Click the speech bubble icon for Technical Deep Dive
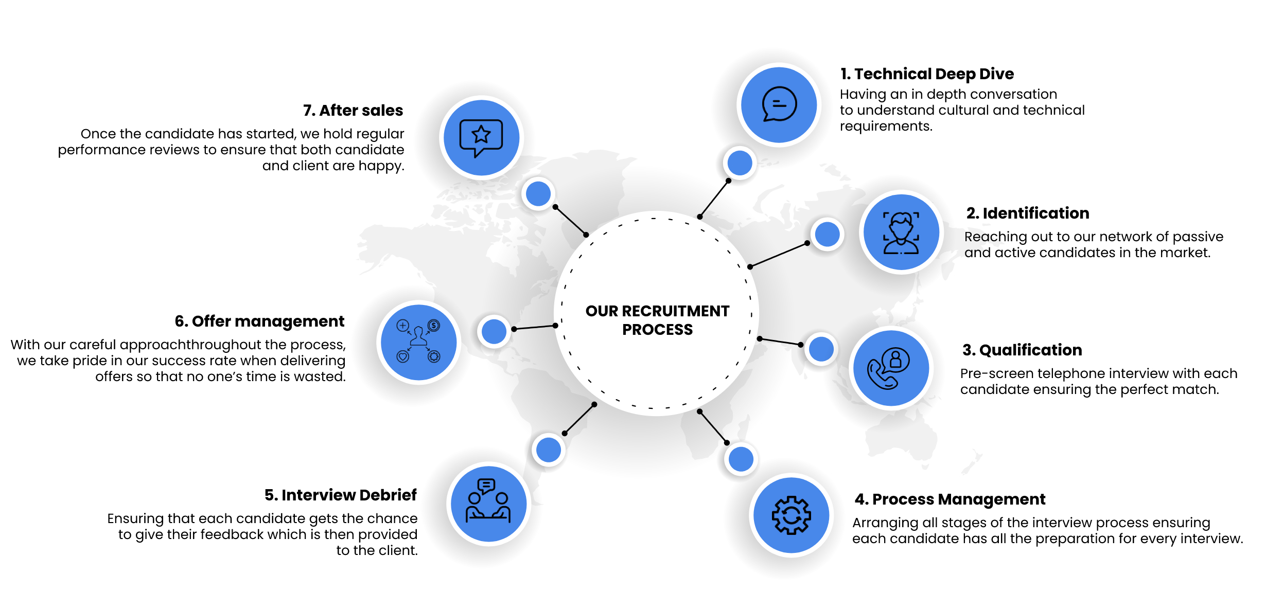tap(779, 104)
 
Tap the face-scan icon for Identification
tap(901, 232)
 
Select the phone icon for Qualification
tap(891, 368)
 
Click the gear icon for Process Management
tap(791, 515)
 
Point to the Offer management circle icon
tap(418, 342)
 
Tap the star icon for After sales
tap(481, 137)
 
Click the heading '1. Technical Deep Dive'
tap(926, 74)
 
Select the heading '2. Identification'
tap(1027, 213)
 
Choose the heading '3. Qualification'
tap(1022, 350)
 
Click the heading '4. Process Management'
tap(950, 499)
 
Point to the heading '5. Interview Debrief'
tap(340, 495)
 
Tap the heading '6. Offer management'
tap(259, 321)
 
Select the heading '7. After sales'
tap(353, 110)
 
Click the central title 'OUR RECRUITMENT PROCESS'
tap(657, 320)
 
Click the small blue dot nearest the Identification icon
tap(828, 234)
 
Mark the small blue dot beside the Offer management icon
tap(494, 331)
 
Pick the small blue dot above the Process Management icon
tap(741, 459)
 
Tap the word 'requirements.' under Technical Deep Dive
tap(886, 126)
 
